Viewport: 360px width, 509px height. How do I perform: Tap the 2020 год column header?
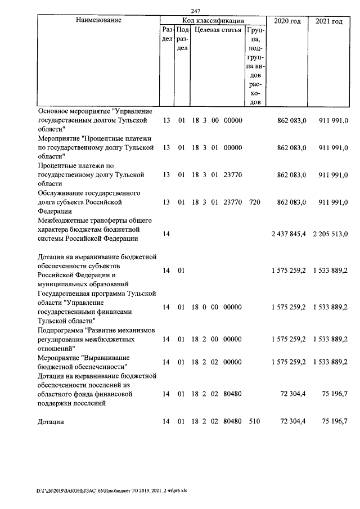287,21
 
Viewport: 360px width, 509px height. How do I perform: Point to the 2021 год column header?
329,21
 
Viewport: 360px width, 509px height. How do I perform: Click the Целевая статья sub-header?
217,30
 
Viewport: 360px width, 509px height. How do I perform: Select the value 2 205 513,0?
330,233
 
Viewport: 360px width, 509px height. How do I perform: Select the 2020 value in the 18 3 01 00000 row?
292,147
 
